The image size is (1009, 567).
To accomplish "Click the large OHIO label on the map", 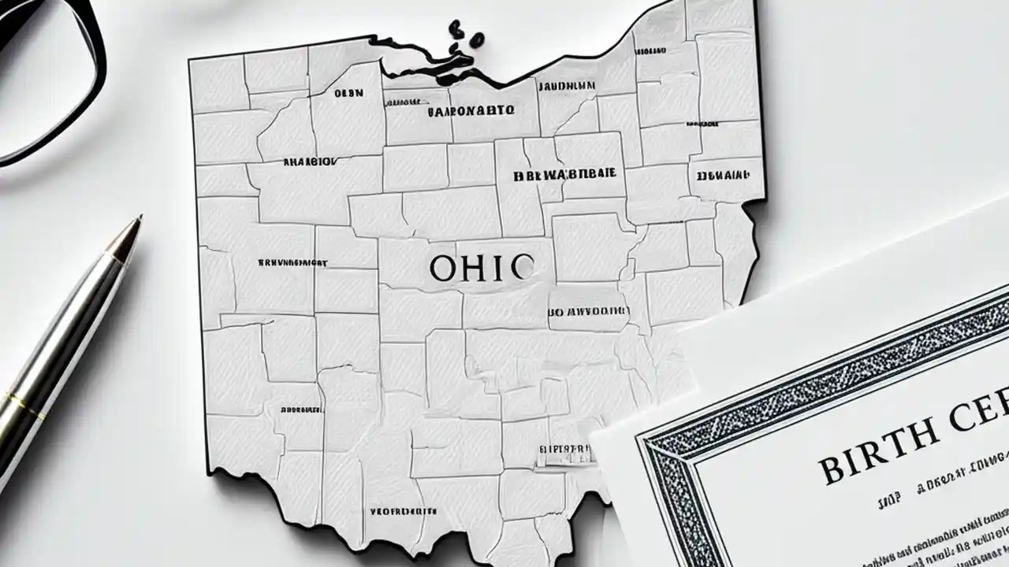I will (481, 269).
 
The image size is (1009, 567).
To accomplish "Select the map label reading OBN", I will (348, 93).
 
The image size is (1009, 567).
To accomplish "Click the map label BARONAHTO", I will (471, 111).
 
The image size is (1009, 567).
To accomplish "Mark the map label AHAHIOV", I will (309, 161).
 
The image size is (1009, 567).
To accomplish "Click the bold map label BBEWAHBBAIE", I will (565, 176).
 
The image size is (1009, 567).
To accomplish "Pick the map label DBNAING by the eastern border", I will (724, 173).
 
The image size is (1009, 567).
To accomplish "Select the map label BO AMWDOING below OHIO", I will (588, 311).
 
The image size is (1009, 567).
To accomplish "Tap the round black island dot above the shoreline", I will (456, 30).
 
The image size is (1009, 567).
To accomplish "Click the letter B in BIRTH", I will (831, 470).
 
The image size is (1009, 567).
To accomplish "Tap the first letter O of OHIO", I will (443, 269).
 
